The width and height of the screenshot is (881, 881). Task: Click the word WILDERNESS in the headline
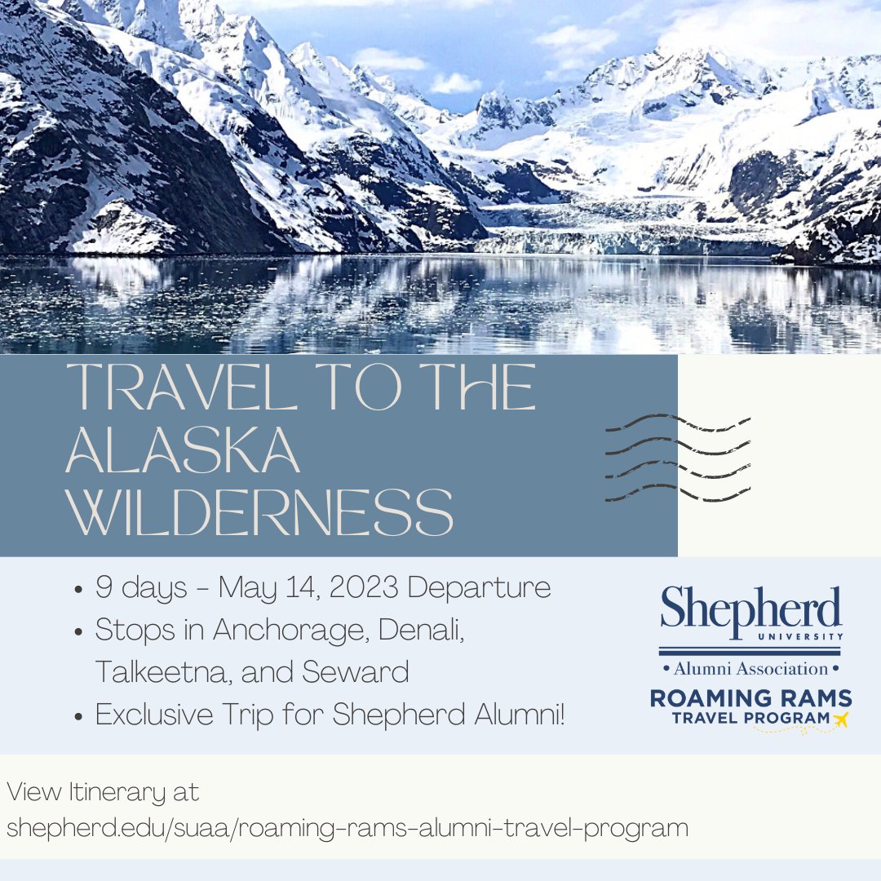tap(259, 511)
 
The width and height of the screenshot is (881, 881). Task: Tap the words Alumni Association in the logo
tap(750, 669)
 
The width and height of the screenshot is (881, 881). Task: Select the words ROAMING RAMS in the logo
tap(750, 698)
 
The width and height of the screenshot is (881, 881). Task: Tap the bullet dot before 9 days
tap(77, 589)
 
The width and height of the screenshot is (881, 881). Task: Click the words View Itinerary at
tap(103, 792)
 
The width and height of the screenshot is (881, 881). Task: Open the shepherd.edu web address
tap(348, 827)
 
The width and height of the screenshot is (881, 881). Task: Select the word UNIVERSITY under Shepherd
tap(803, 635)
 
